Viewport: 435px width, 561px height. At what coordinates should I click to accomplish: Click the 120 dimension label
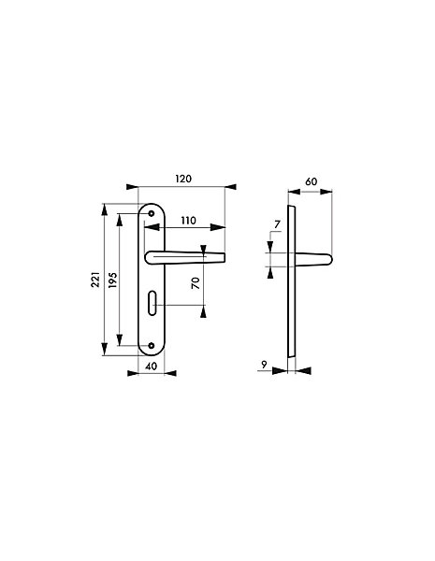click(x=183, y=179)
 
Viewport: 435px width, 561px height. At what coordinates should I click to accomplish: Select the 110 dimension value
click(x=188, y=221)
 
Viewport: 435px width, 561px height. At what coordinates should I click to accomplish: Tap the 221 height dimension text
click(x=95, y=280)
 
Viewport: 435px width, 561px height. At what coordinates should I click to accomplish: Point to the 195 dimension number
click(x=112, y=280)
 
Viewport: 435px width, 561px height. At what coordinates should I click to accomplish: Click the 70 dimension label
click(x=196, y=283)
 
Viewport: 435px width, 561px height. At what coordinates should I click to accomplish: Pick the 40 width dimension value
click(x=152, y=367)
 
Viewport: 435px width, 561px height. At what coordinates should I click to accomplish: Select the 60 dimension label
click(x=312, y=181)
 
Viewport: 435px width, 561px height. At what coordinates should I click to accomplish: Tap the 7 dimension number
click(x=277, y=224)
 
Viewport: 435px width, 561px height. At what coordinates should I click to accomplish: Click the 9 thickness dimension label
click(x=264, y=365)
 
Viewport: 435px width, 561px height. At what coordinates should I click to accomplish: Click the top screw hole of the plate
click(x=152, y=213)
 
